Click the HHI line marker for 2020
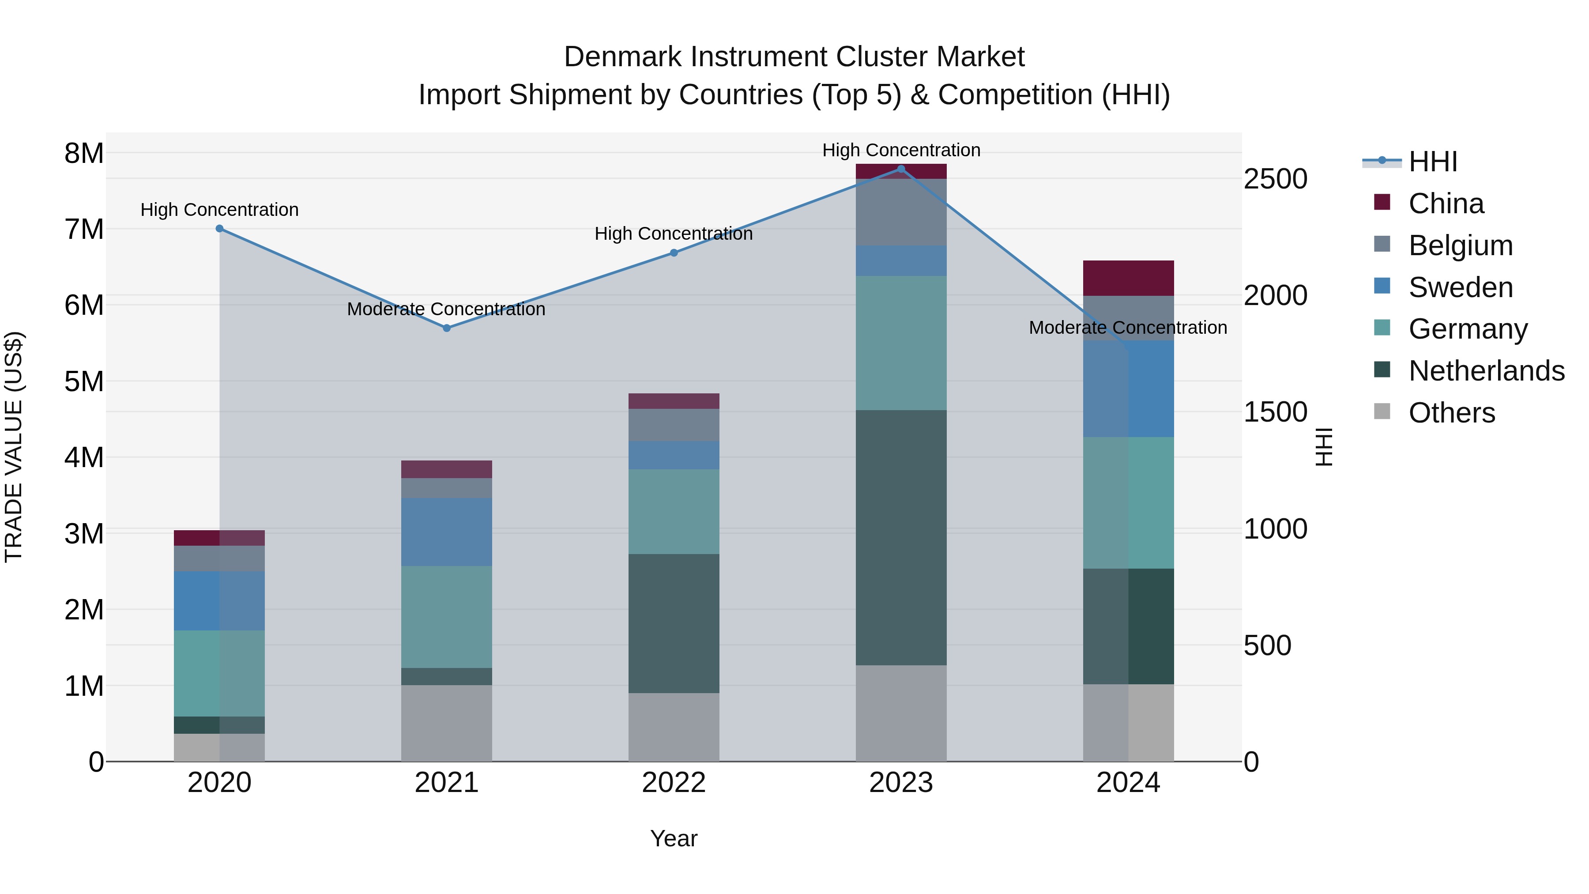pyautogui.click(x=220, y=229)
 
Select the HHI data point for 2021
pyautogui.click(x=447, y=328)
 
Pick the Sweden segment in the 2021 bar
pyautogui.click(x=447, y=532)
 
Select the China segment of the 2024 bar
pyautogui.click(x=1128, y=278)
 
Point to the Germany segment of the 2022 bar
pyautogui.click(x=674, y=512)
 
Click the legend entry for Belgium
pyautogui.click(x=1460, y=245)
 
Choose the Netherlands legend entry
pyautogui.click(x=1486, y=371)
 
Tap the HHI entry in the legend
pyautogui.click(x=1432, y=162)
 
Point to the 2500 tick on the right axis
pyautogui.click(x=1275, y=180)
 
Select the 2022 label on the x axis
pyautogui.click(x=674, y=783)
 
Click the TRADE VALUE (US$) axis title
pyautogui.click(x=14, y=447)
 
